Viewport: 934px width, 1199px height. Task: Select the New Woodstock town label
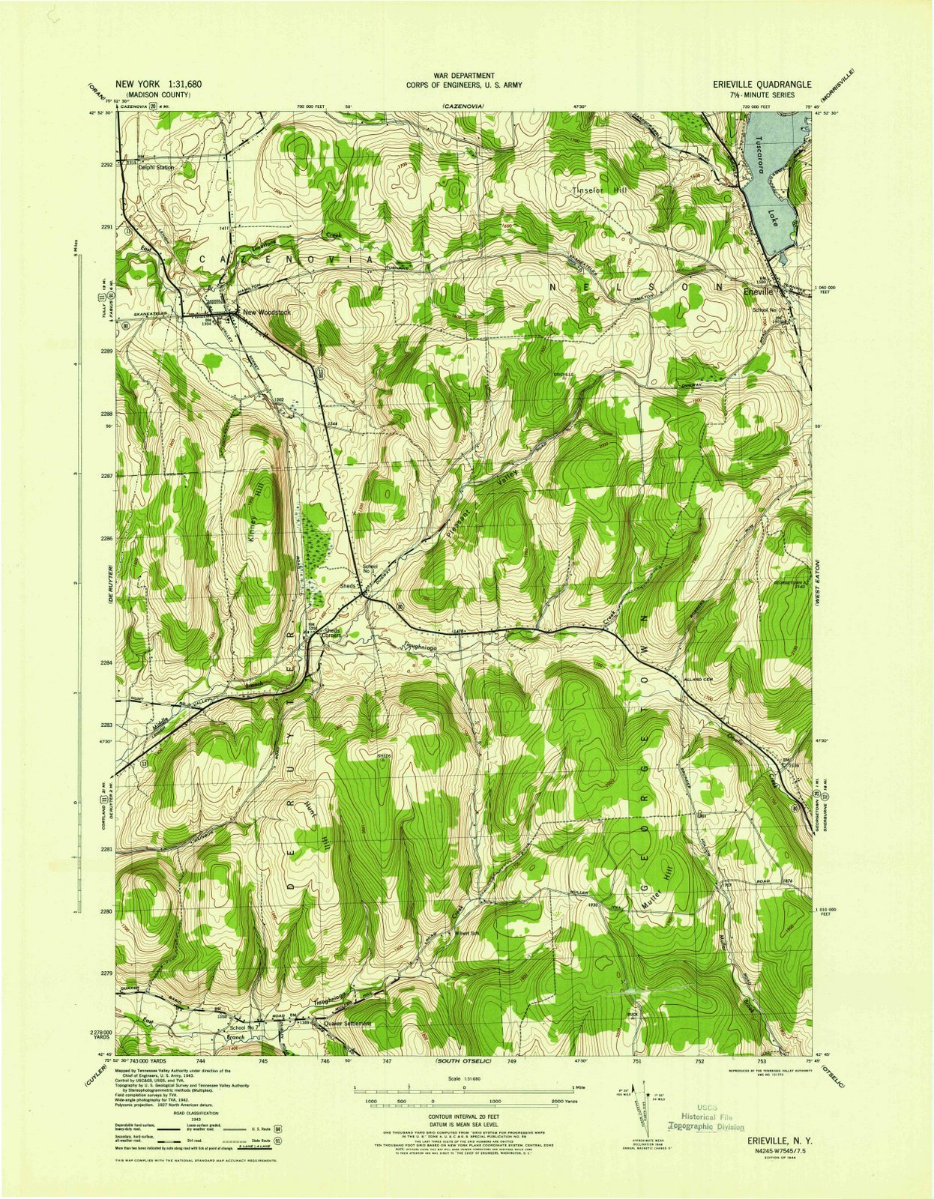coord(261,312)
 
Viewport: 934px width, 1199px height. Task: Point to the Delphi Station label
coord(157,168)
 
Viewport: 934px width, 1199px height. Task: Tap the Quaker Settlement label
coord(348,1024)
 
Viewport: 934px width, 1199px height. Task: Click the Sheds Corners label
coord(333,633)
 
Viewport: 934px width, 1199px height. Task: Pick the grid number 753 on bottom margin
coord(762,1061)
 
